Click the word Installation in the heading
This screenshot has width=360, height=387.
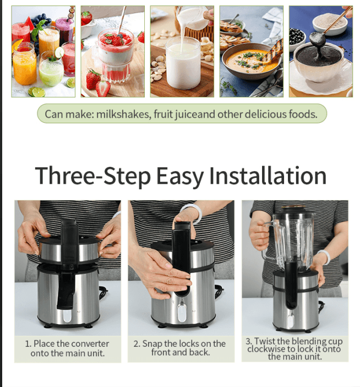click(x=268, y=176)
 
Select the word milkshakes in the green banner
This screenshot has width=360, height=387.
click(x=124, y=115)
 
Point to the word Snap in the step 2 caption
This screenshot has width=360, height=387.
click(x=152, y=344)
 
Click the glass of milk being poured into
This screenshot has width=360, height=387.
click(x=183, y=63)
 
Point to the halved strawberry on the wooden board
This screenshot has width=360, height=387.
click(x=103, y=89)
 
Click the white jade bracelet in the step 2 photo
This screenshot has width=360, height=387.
click(x=192, y=212)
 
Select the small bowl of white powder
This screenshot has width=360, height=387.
click(x=330, y=24)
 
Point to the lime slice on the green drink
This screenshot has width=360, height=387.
click(x=59, y=52)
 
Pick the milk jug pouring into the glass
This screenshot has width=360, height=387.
click(x=194, y=17)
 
